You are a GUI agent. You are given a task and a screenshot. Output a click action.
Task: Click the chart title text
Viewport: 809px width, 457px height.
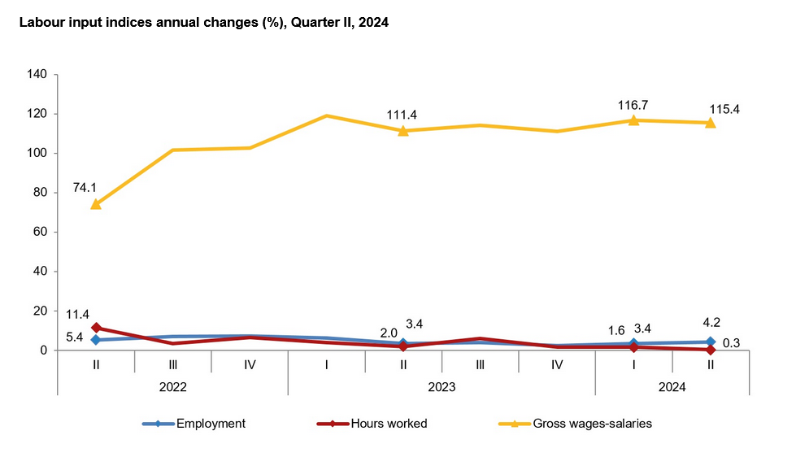203,23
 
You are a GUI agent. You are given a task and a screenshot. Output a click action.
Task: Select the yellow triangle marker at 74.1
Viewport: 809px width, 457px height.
96,204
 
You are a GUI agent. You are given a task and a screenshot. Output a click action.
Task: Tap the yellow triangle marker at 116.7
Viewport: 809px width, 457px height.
633,120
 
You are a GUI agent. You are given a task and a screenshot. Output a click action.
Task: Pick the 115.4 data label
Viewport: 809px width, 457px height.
723,109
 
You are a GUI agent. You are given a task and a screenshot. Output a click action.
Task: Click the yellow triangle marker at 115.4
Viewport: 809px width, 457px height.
710,122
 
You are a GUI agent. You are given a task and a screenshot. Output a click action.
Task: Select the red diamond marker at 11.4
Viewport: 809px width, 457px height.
96,328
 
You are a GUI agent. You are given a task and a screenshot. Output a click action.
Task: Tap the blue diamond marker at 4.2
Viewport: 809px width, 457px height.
710,342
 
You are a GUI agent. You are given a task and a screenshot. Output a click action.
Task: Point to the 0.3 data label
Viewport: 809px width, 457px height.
732,344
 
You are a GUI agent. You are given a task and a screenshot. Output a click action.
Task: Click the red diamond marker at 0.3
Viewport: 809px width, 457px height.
710,350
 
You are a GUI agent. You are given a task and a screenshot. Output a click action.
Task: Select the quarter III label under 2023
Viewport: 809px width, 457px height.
480,365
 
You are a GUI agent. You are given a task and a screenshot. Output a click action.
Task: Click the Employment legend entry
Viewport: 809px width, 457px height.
195,424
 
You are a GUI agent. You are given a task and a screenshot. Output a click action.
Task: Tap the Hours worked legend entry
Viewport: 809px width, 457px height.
373,424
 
